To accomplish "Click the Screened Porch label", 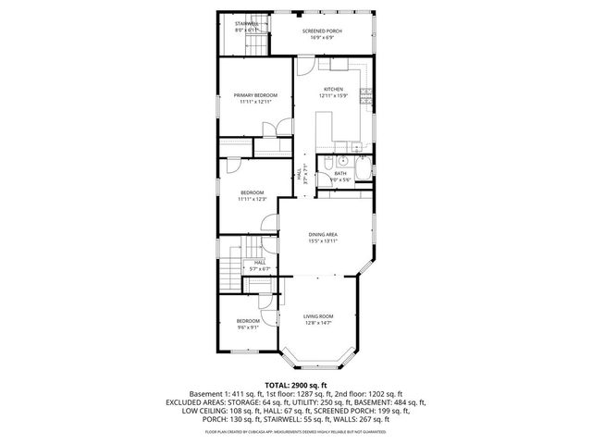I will [x=322, y=31].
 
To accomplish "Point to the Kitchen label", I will [x=333, y=89].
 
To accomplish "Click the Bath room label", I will [x=340, y=173].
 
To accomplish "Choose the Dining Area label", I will [x=323, y=235].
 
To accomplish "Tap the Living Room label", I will [x=319, y=316].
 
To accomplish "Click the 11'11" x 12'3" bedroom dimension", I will [x=252, y=199].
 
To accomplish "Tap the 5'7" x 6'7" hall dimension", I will [x=260, y=269].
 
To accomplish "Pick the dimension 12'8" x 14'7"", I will [x=319, y=323].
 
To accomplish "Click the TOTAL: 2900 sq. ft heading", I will [x=295, y=384].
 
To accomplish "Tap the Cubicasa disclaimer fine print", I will [x=295, y=431].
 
